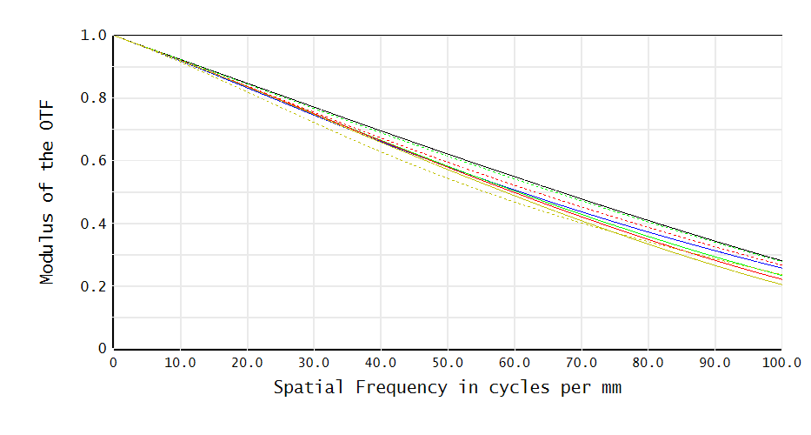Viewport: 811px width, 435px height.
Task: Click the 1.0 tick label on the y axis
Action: pos(92,36)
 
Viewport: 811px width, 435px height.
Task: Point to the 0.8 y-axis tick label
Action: pos(92,98)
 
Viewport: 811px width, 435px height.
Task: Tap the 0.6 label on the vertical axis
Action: pos(92,161)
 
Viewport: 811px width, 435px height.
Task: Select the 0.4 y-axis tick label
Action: pos(92,224)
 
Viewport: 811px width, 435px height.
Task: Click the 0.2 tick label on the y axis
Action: pos(92,286)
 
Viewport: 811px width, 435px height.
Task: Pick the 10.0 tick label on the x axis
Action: pos(180,362)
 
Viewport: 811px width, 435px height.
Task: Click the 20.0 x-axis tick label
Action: pos(247,362)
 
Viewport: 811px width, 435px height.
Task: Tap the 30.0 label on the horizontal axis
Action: pos(314,362)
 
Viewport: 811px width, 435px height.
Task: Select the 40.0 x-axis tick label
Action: pos(381,362)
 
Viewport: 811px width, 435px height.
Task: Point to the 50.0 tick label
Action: pos(448,362)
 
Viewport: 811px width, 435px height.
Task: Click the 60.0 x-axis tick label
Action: pos(515,362)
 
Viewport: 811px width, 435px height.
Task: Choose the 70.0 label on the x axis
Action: pos(581,362)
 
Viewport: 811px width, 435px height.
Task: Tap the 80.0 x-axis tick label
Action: pos(648,362)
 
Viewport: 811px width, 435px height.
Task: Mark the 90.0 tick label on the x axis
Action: pos(715,362)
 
